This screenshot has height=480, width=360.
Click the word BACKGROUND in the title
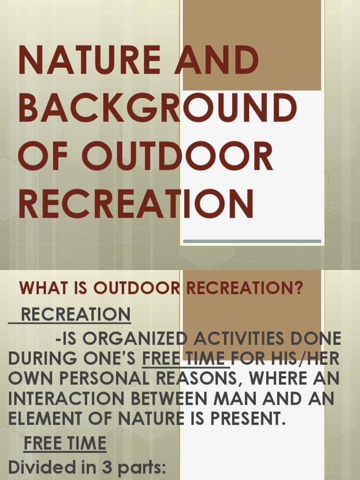point(157,108)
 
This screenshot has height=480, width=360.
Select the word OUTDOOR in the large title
point(177,156)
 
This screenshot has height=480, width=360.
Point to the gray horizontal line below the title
point(252,241)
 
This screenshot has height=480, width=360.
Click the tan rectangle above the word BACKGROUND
point(252,45)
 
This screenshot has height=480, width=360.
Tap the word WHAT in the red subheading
point(41,288)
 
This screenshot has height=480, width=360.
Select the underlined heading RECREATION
point(75,314)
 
